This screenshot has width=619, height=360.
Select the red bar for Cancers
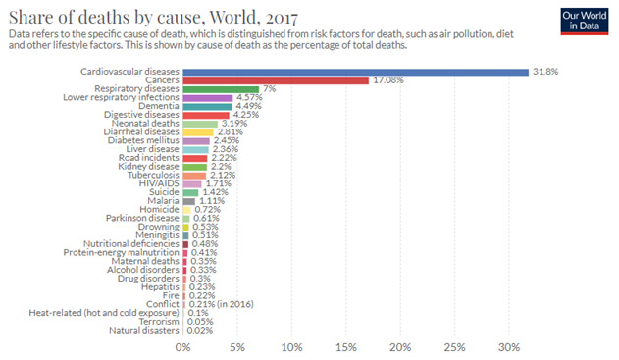click(275, 80)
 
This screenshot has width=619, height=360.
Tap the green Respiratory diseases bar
click(220, 89)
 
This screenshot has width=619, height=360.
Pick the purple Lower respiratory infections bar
click(207, 98)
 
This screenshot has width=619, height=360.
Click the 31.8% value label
click(543, 72)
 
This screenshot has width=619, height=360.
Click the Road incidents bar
click(194, 158)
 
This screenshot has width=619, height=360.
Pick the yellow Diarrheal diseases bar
click(197, 132)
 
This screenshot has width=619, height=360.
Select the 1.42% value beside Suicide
click(214, 192)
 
